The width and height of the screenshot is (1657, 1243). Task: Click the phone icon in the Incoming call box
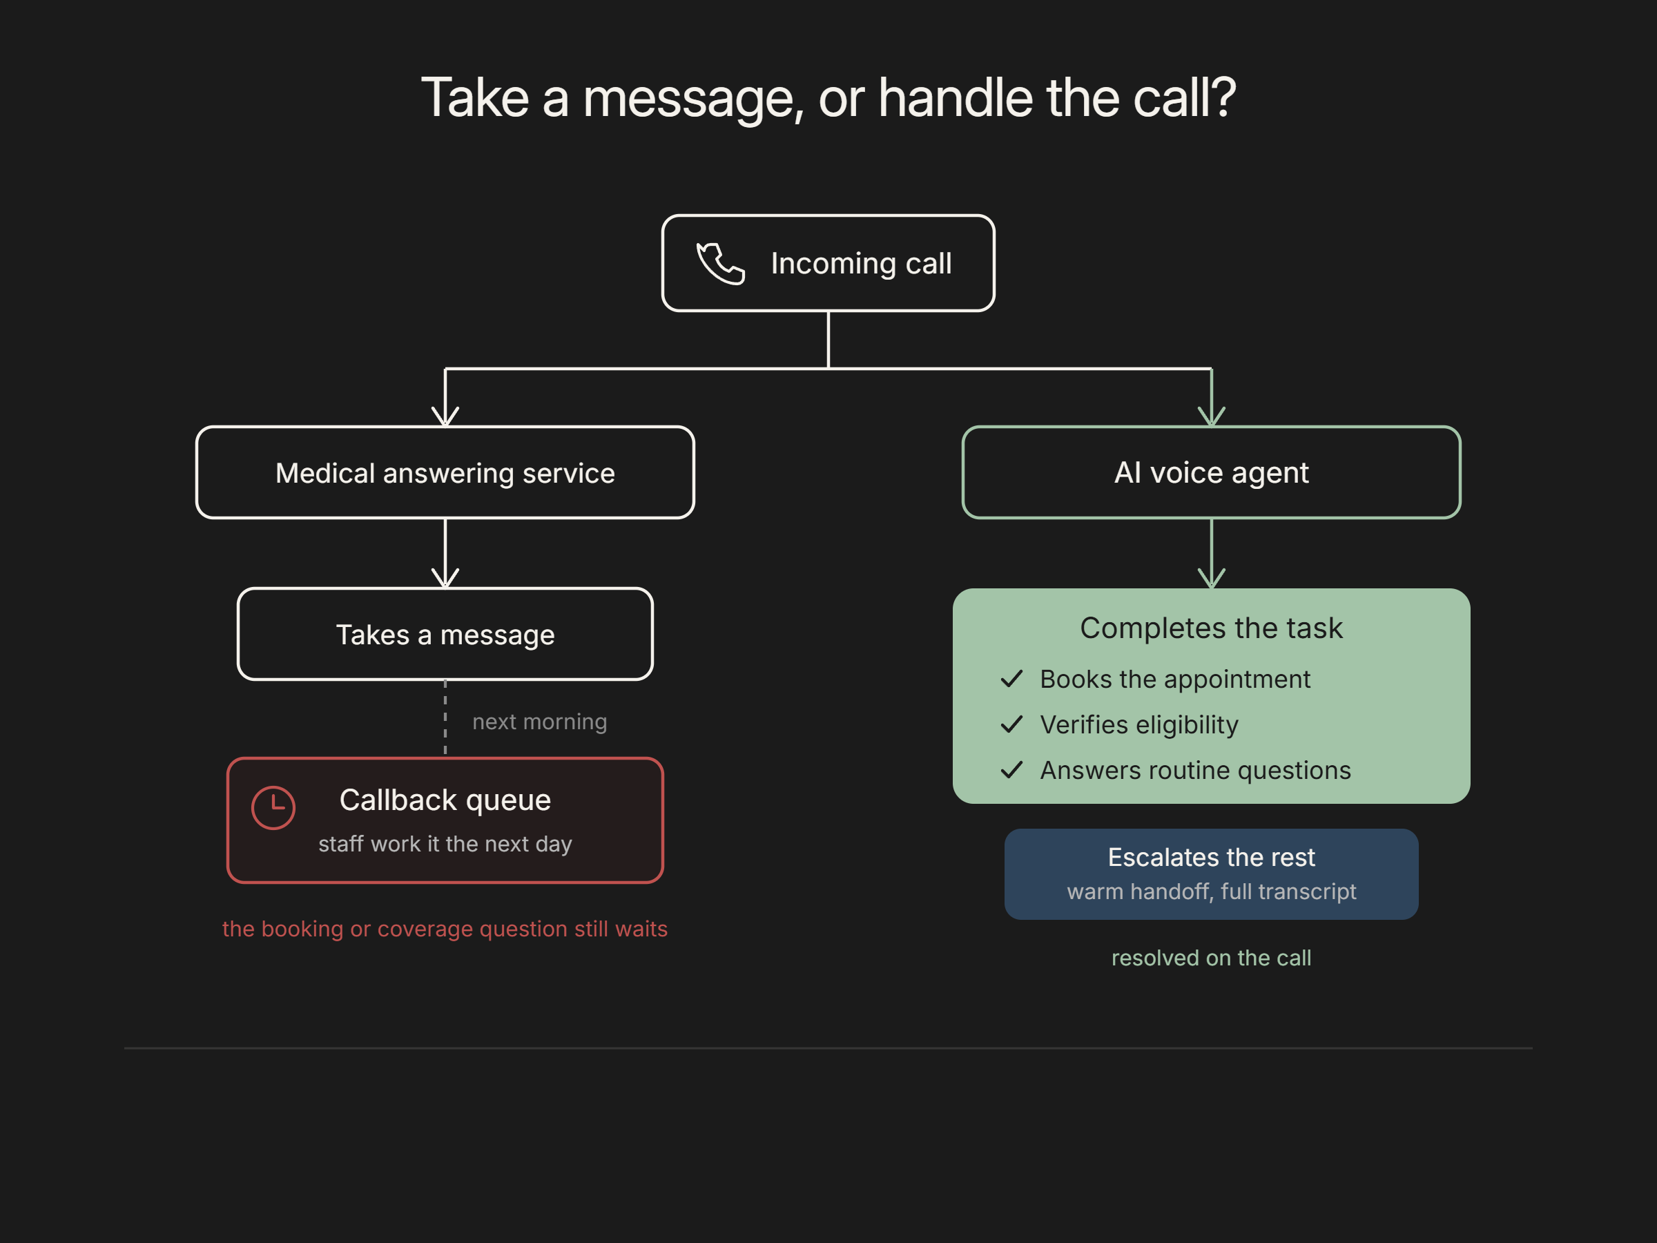721,263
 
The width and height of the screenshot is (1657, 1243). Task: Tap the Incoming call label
861,264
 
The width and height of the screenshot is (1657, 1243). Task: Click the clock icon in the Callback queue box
273,808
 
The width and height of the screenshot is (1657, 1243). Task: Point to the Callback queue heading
445,800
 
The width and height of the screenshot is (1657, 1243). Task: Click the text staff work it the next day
445,845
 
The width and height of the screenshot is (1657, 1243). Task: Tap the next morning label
539,722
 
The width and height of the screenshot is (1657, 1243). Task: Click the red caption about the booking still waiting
445,929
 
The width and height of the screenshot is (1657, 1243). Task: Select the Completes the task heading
1211,628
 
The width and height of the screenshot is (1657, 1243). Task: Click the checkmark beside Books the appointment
1011,679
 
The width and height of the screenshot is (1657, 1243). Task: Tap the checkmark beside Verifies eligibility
1011,724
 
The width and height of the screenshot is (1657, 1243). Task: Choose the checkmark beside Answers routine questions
1011,770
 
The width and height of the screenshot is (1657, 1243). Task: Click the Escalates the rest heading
1211,857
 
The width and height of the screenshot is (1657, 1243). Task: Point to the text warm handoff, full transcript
1211,892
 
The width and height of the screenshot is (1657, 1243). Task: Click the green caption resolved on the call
1211,958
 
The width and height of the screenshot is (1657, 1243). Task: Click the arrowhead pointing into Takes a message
445,578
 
